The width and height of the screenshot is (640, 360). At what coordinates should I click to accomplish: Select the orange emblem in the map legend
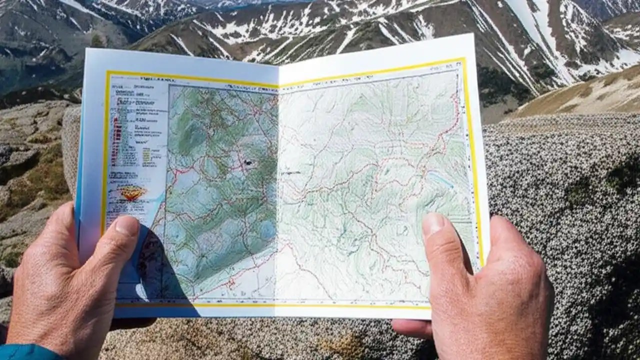[131, 192]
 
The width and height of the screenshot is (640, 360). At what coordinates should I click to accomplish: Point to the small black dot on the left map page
[248, 163]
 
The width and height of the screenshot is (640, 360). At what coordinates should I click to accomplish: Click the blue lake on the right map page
[440, 179]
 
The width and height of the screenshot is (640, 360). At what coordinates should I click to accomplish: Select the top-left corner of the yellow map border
[107, 73]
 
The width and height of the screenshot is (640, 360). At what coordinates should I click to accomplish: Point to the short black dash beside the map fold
[290, 173]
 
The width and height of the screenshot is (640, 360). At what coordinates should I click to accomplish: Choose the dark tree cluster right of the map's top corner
[500, 85]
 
